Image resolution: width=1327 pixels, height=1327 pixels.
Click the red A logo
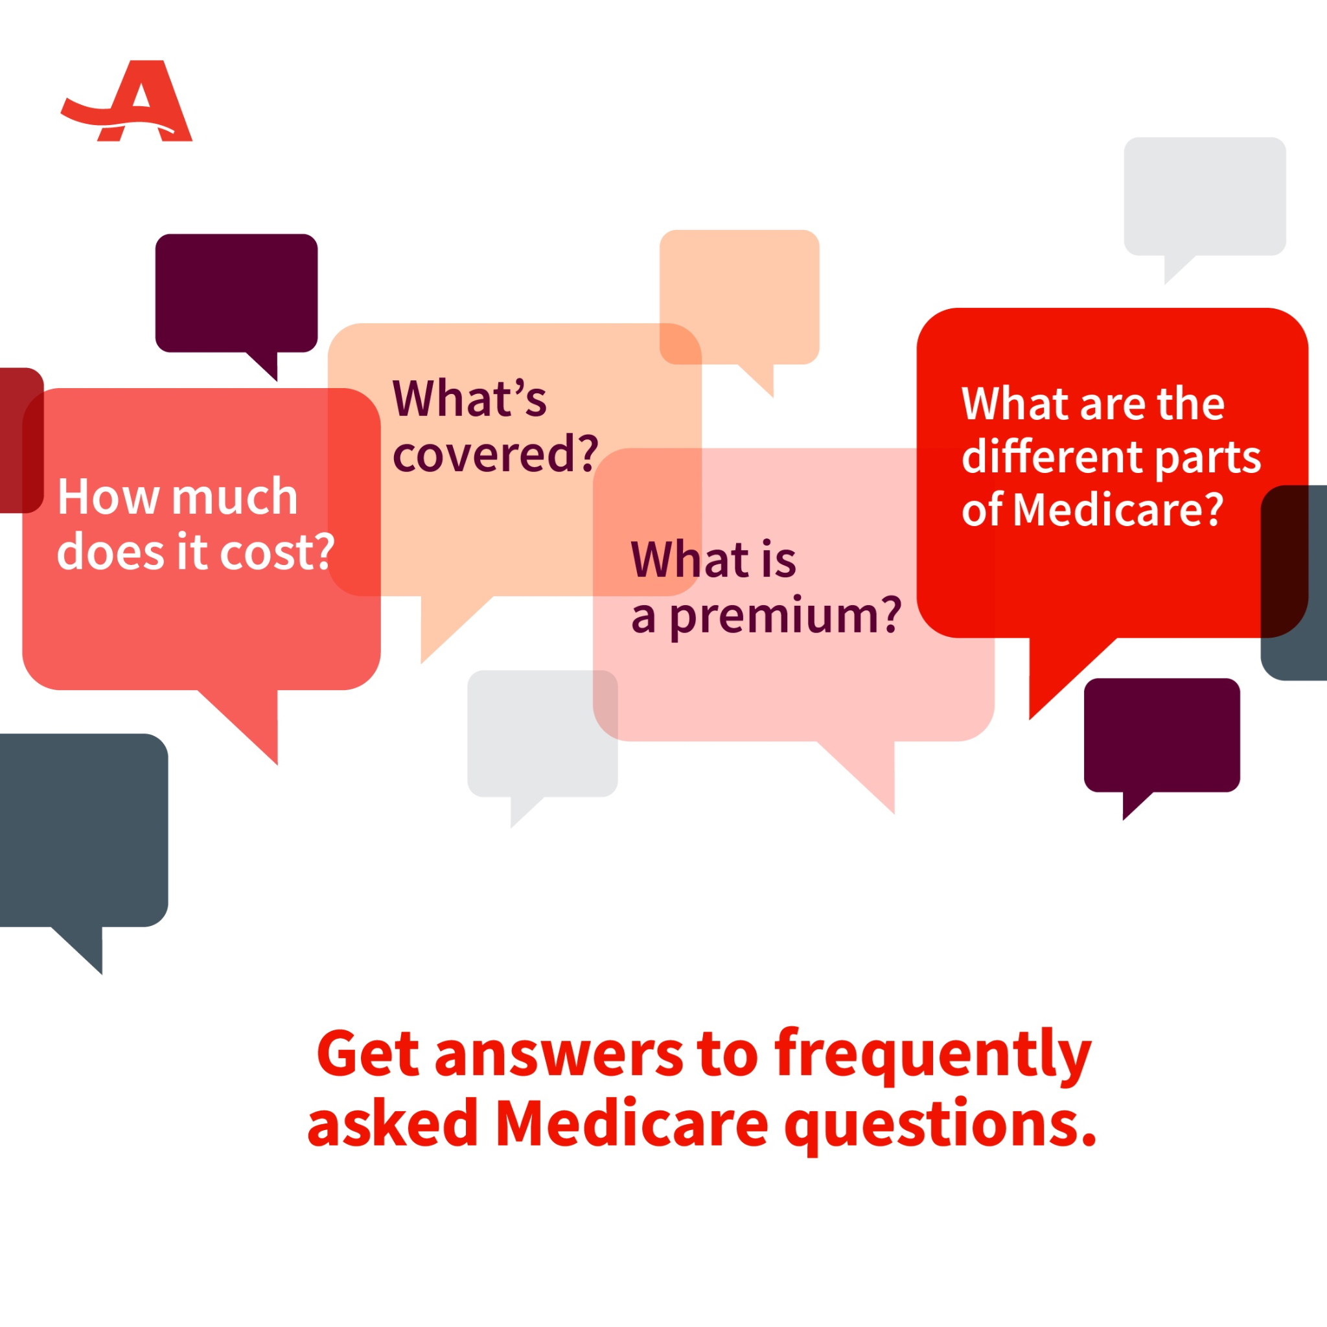[x=127, y=101]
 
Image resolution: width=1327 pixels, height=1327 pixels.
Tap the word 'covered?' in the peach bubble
[x=495, y=454]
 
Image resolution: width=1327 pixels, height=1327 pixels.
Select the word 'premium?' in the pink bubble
[x=785, y=617]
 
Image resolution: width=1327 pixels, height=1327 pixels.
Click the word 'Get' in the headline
[x=367, y=1054]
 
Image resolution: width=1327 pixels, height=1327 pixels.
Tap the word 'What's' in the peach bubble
[x=470, y=398]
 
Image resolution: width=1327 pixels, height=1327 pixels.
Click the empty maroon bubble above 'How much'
[x=237, y=294]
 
